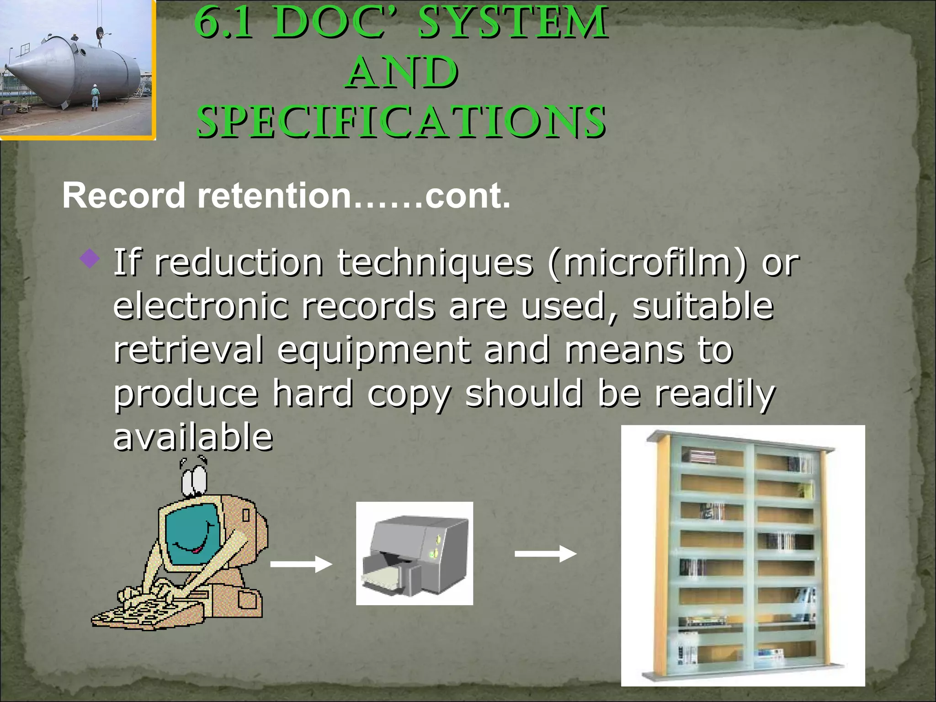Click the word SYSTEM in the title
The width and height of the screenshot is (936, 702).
pos(513,23)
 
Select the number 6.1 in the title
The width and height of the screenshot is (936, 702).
pos(223,23)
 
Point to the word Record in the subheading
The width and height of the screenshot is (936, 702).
pos(123,196)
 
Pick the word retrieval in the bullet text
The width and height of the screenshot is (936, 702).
pos(188,350)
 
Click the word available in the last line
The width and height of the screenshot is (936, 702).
pos(192,436)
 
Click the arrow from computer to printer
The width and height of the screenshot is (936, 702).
pos(301,564)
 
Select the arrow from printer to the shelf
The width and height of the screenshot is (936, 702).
pos(545,554)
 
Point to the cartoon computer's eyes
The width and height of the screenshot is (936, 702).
pos(195,480)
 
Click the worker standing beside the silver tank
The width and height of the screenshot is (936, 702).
pos(94,97)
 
